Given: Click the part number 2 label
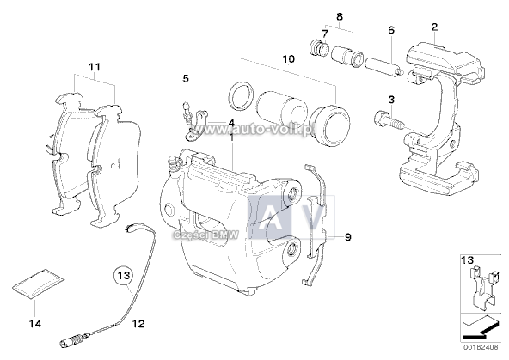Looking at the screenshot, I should [x=435, y=27].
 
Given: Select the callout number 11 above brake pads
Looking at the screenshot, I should [x=95, y=66].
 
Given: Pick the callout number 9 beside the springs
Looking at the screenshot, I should [x=348, y=236].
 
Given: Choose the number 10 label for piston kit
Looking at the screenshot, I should [x=286, y=59].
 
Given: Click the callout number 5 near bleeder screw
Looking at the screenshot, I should [x=184, y=79].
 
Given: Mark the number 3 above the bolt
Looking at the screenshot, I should [x=390, y=101].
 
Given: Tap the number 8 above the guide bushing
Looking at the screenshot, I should [x=339, y=17].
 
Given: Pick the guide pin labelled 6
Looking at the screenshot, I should [x=380, y=65].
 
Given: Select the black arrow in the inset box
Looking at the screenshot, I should [x=477, y=326].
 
